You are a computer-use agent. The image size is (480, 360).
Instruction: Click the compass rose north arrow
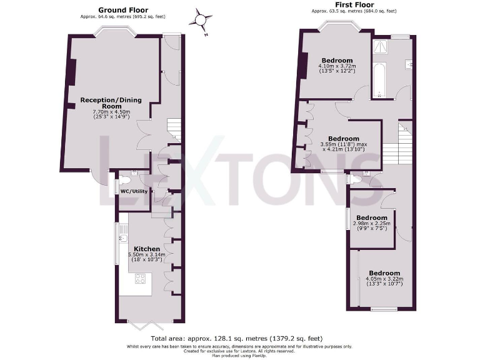201,19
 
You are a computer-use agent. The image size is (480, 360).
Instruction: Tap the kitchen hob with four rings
140,279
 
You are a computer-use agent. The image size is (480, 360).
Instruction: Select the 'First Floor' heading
354,5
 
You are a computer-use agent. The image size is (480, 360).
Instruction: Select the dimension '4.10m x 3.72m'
337,66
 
